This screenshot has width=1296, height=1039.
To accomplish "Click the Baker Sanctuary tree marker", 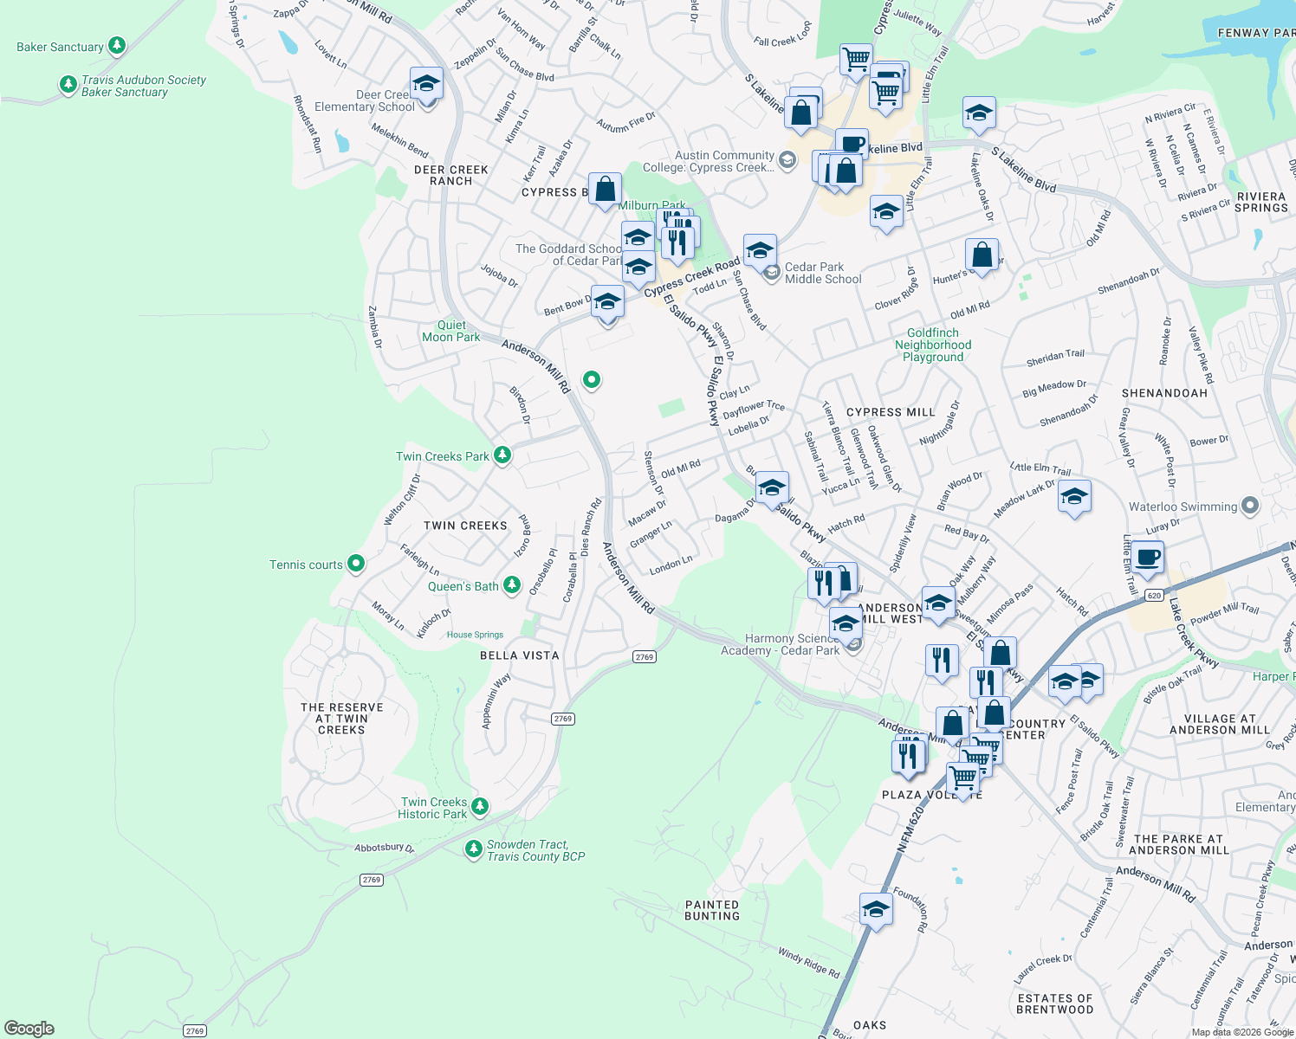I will pos(117,46).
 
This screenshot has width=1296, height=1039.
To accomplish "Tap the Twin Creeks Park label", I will pos(443,456).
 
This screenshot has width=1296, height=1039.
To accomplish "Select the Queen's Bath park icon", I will pos(512,586).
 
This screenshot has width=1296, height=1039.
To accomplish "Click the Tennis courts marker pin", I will pos(356,565).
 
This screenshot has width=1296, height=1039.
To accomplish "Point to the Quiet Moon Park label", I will pos(450,331).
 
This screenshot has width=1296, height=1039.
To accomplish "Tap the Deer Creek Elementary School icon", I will pos(426,85).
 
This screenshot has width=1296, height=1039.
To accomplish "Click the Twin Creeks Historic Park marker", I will pos(480,807).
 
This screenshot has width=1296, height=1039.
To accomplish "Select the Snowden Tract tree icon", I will pos(473,849).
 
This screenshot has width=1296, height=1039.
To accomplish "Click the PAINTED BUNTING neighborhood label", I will pos(712,910).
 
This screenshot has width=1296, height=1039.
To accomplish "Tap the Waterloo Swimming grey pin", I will pos(1249,506).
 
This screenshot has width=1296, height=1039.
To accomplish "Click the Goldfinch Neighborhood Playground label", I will pos(933,345).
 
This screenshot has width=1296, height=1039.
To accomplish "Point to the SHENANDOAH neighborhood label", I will pos(1164,393).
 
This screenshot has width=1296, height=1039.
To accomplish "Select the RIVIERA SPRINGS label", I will pos(1261,202).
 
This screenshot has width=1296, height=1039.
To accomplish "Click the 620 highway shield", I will pos(1154,595).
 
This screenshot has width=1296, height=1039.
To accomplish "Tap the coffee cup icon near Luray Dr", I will pos(1147,558).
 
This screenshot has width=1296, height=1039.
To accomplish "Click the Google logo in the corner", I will pos(29,1029).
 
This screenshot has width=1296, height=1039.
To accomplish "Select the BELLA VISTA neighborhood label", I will pos(520,655).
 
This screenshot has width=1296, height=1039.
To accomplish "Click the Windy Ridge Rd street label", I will pos(808,963).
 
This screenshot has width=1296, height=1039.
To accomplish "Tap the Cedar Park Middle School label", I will pos(822,273).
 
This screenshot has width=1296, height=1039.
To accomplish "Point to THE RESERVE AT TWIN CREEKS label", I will pos(342,719).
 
